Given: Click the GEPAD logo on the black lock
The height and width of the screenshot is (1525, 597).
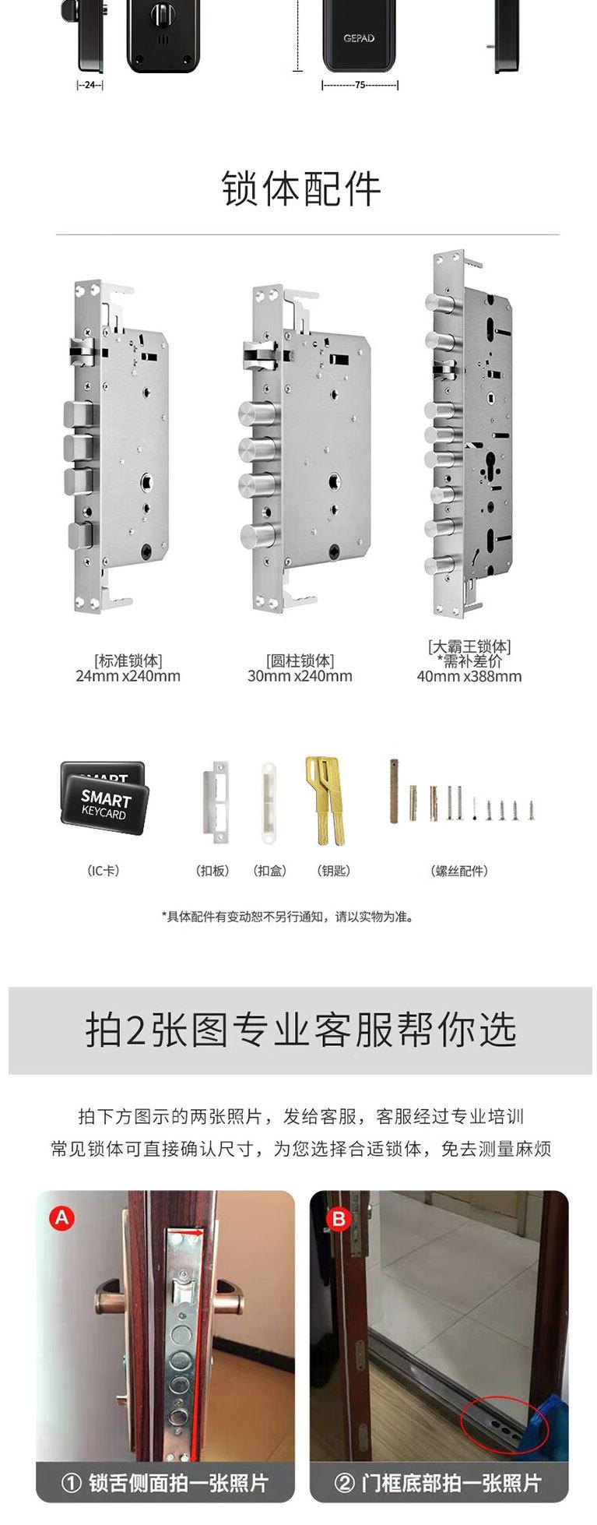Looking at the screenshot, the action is coord(359,38).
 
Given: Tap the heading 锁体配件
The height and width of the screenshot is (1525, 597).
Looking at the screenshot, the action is coord(302,189).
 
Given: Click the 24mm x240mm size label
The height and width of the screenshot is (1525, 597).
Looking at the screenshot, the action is coord(128,676).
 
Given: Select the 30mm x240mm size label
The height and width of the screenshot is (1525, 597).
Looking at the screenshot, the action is coord(300,676).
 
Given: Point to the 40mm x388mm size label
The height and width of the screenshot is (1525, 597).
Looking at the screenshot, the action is coord(469,676).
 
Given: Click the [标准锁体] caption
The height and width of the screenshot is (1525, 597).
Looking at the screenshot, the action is coord(128,660).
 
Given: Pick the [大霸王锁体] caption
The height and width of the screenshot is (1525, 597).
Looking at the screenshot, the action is coord(469,646).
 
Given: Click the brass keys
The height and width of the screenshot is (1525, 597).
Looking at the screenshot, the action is coord(323,801).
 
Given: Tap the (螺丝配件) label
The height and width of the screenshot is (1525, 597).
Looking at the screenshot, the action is coord(459,871).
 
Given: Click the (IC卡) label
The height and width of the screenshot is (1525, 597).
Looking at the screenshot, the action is coord(103,871).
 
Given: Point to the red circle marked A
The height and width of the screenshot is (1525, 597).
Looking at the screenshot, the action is coord(61,1217).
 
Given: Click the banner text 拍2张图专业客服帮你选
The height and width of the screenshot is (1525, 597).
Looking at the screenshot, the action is coord(300,1030).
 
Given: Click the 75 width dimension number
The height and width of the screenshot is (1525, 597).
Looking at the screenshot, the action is coord(360,85).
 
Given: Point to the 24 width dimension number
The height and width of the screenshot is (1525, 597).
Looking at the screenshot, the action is coord(90,85).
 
